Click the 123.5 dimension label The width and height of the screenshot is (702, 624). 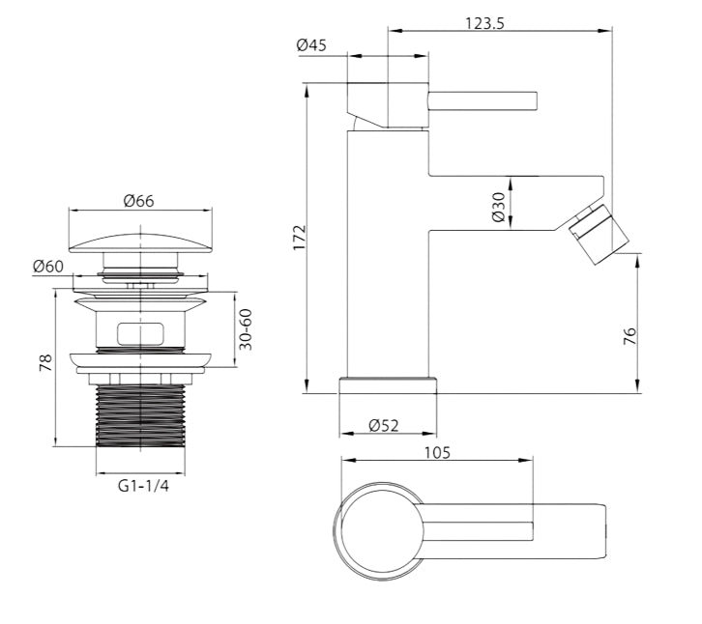tap(484, 23)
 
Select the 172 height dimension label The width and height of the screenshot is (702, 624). tap(299, 238)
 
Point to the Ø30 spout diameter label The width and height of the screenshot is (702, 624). tap(498, 207)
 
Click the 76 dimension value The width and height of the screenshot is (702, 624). tap(629, 336)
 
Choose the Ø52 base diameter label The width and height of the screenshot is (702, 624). tap(384, 425)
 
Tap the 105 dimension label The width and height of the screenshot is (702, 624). tap(437, 453)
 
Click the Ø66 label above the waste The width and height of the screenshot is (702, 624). tap(139, 201)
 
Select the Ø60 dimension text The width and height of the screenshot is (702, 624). tap(48, 267)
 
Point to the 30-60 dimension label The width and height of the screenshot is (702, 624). tap(246, 329)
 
